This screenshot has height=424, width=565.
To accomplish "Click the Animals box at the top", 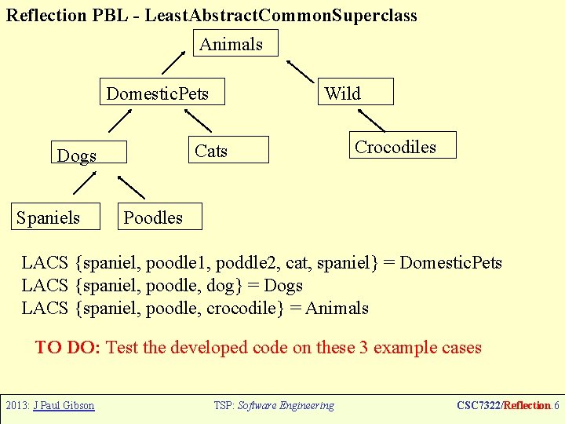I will point(235,44).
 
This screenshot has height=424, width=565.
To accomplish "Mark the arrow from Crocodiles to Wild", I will point(365,119).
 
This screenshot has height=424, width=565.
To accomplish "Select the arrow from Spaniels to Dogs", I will point(82,183).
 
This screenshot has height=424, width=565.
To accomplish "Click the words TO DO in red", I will point(67,347).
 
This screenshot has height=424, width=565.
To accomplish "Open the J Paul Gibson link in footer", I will point(61,406).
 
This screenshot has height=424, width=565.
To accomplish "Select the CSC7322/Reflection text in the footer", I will point(503,406).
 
